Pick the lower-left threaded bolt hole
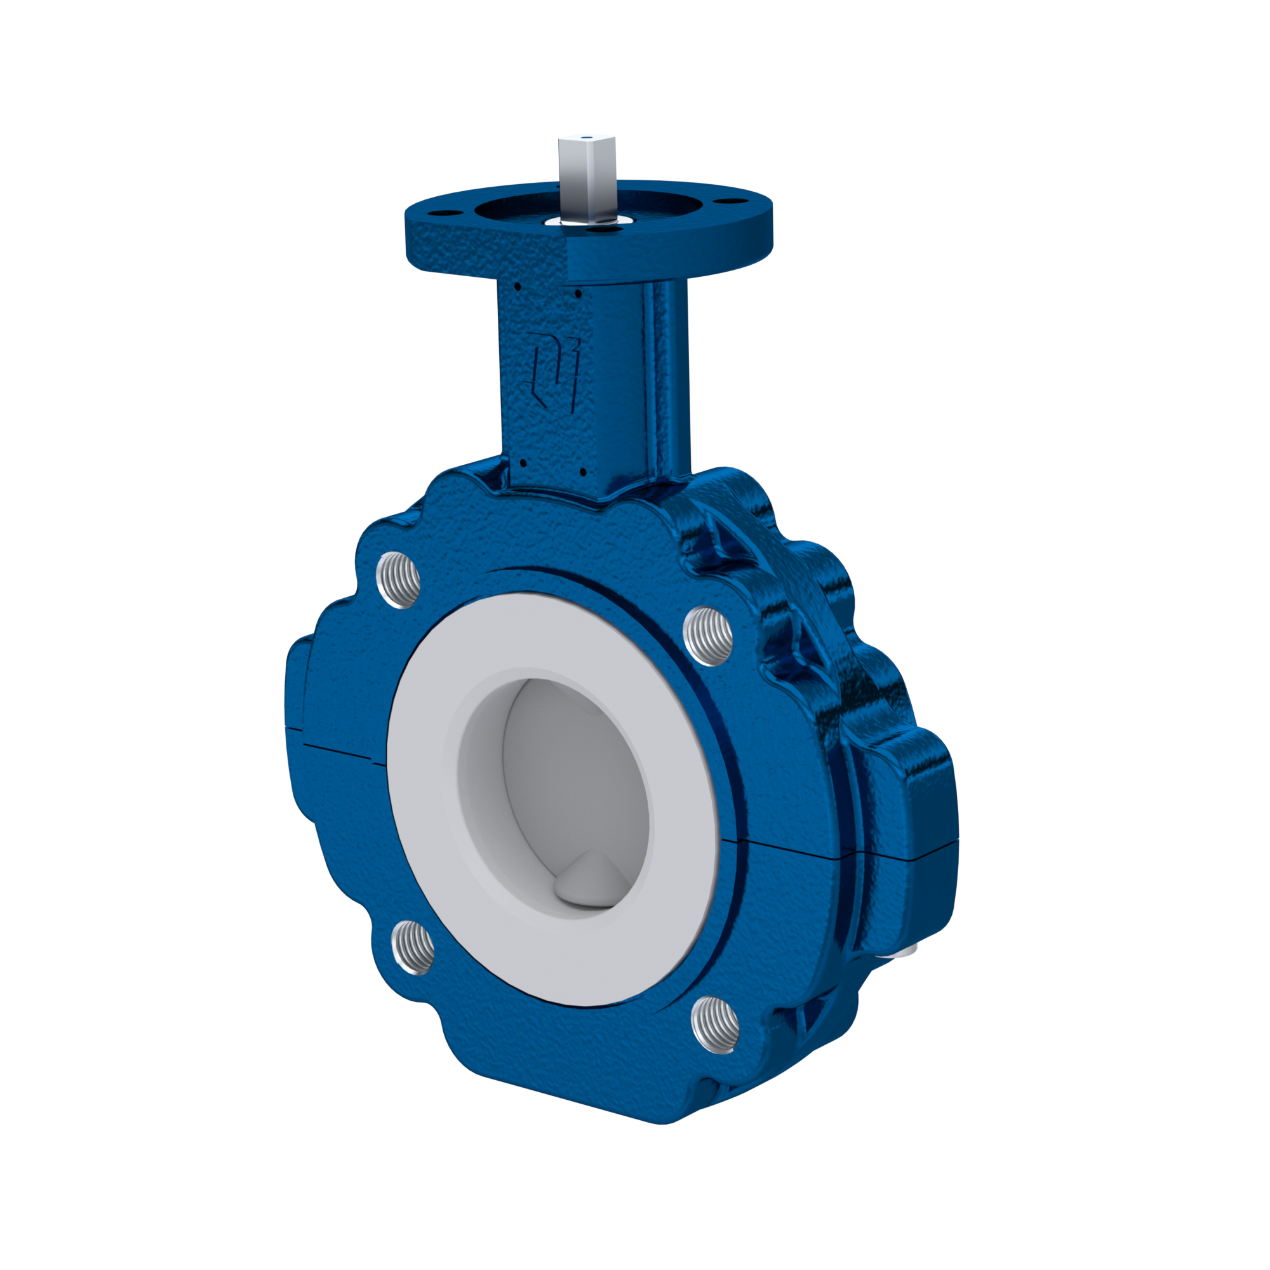pyautogui.click(x=413, y=947)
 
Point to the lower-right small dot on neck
pyautogui.click(x=582, y=471)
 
